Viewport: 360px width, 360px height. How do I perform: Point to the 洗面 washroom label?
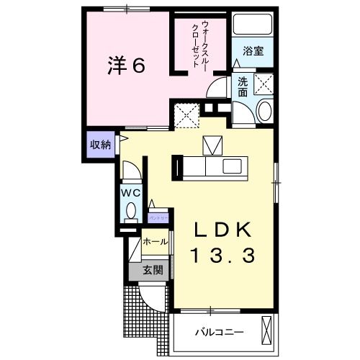click(243, 86)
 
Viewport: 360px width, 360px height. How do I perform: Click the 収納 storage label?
click(99, 144)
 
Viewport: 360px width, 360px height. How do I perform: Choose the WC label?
click(130, 192)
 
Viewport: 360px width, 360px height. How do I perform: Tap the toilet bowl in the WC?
click(131, 211)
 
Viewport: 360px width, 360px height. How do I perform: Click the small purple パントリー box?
click(158, 216)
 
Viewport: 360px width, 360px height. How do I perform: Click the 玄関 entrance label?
click(151, 271)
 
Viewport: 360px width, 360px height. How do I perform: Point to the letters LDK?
click(223, 230)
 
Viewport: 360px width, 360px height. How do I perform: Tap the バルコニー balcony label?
click(220, 333)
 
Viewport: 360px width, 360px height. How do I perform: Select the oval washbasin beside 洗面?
click(263, 112)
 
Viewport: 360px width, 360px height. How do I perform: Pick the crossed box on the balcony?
click(268, 332)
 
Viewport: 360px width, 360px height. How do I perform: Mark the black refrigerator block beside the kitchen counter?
click(176, 166)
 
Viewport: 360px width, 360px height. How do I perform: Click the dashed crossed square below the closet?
click(186, 115)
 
